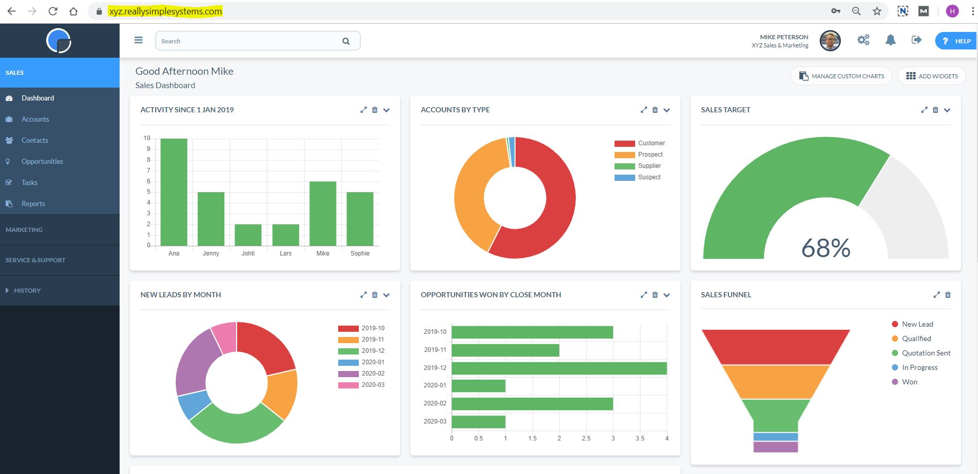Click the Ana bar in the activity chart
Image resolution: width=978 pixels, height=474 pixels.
click(x=174, y=192)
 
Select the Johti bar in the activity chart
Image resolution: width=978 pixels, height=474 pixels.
click(x=248, y=235)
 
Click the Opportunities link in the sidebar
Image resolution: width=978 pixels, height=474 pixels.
click(x=42, y=161)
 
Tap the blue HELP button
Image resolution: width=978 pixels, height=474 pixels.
click(x=956, y=41)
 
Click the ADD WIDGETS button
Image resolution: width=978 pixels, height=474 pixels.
click(x=932, y=76)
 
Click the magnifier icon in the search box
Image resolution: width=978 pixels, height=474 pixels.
click(x=346, y=41)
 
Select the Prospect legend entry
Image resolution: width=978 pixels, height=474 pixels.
click(x=650, y=155)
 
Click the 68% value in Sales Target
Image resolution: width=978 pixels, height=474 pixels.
click(x=825, y=248)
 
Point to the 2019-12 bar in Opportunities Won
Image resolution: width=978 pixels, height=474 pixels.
click(x=559, y=368)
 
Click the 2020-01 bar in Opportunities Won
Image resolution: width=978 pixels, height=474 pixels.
click(x=478, y=385)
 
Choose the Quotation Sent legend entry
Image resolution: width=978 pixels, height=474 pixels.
click(x=925, y=353)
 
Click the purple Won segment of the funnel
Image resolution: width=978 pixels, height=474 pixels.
click(x=775, y=447)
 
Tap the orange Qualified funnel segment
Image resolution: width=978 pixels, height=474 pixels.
click(x=775, y=382)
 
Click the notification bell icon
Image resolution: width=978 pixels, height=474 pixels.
click(x=890, y=40)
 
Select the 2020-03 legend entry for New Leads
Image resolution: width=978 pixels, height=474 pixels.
click(x=372, y=385)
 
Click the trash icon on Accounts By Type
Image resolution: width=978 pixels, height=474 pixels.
click(x=655, y=110)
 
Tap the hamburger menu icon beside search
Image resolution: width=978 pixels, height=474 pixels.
click(x=138, y=40)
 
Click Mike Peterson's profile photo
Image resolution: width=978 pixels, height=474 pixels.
click(x=830, y=41)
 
